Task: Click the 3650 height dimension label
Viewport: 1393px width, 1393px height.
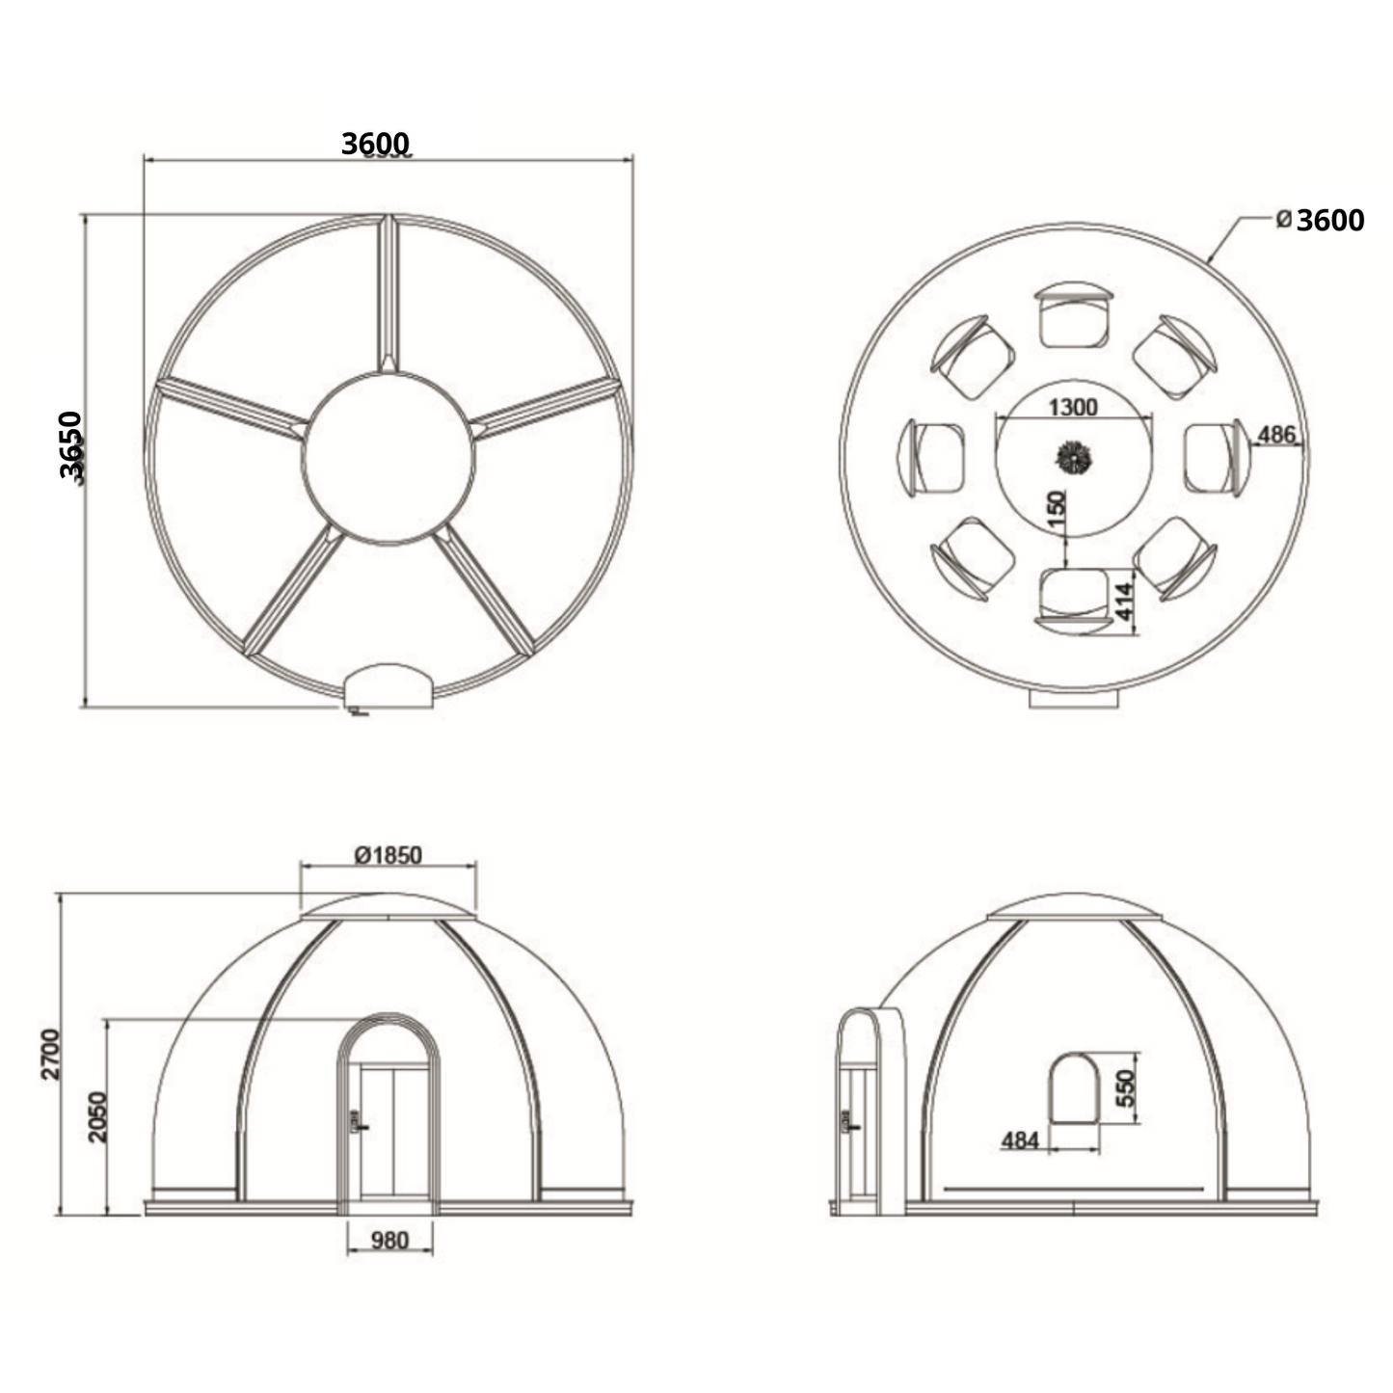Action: coord(71,444)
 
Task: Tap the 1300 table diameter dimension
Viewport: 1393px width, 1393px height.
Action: coord(1072,408)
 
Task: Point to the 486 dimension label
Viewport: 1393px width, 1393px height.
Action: coord(1276,435)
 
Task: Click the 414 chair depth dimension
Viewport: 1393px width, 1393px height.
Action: coord(1124,601)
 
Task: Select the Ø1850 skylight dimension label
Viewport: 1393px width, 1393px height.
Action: coord(388,855)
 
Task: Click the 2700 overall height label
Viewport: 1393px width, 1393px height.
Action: coord(51,1054)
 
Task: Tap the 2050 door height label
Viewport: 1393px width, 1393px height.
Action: coord(97,1116)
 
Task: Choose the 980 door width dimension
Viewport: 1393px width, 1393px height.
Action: coord(389,1241)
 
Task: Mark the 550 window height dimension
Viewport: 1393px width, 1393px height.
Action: coord(1125,1088)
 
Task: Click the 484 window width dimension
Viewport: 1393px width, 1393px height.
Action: coord(1020,1141)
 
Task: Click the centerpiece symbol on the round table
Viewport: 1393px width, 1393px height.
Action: coord(1072,458)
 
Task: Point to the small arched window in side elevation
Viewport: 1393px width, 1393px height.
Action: coord(1074,1088)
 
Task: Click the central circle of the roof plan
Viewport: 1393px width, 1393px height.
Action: coord(388,458)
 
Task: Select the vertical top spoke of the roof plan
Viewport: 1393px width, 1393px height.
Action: coord(388,292)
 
